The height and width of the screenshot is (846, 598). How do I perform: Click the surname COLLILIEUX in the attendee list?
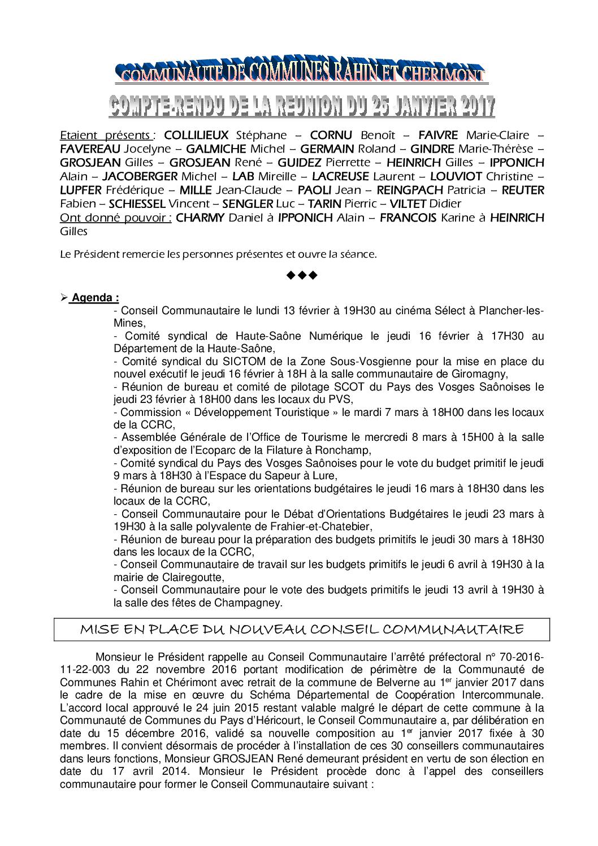tap(196, 136)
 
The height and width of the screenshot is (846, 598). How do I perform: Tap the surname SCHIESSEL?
tap(137, 203)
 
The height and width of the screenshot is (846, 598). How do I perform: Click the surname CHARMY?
tap(201, 218)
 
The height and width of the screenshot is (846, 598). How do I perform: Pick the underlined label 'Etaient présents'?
tap(105, 136)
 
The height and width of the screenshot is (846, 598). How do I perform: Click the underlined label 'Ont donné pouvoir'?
tap(115, 218)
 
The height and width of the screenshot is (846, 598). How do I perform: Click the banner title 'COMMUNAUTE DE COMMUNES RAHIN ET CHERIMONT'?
tap(300, 72)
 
